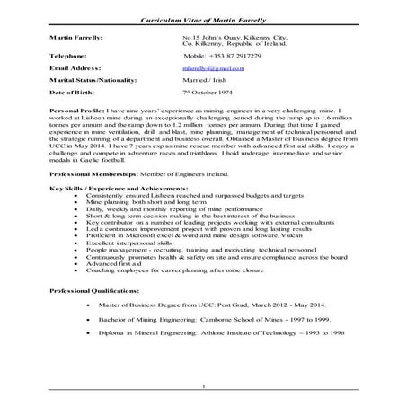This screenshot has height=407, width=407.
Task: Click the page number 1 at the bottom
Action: point(205,387)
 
